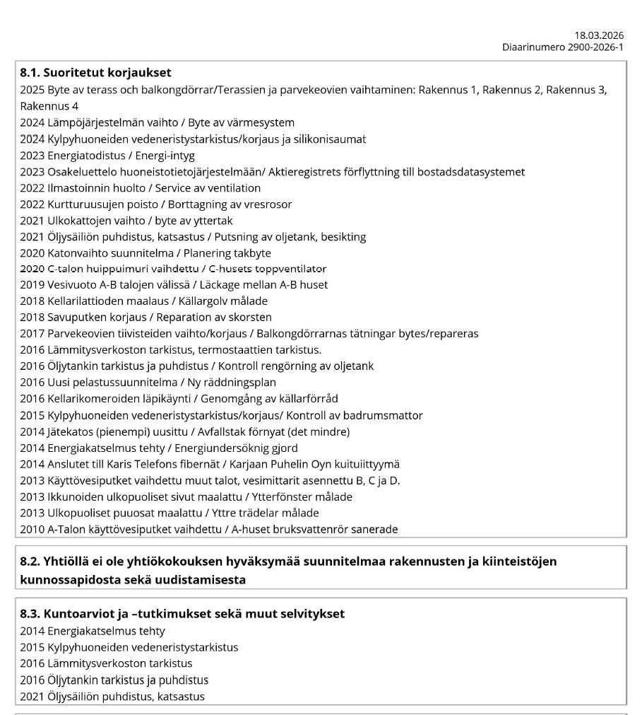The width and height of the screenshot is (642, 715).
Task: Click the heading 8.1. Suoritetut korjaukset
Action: pyautogui.click(x=95, y=72)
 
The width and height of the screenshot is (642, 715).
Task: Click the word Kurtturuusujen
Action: pyautogui.click(x=87, y=204)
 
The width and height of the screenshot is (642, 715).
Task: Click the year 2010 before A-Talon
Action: pyautogui.click(x=32, y=529)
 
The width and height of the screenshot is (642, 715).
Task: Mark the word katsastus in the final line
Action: pyautogui.click(x=182, y=697)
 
